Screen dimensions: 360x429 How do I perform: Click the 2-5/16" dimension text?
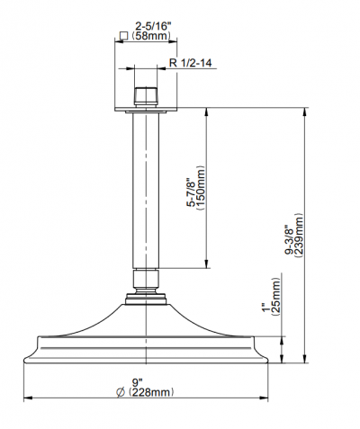[x=153, y=26]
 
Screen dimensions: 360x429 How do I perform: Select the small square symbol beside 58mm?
[x=123, y=36]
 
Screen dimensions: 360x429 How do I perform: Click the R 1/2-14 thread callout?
[x=191, y=63]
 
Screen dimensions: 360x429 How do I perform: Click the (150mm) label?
[x=200, y=188]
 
